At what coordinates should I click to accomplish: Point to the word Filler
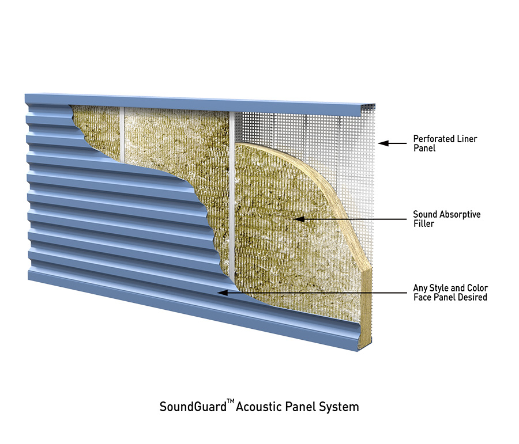click(x=424, y=224)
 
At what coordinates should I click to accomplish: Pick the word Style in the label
click(x=439, y=289)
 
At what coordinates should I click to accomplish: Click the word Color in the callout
click(x=477, y=288)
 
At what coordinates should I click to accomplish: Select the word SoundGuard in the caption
click(x=193, y=407)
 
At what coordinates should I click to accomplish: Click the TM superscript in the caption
click(x=230, y=402)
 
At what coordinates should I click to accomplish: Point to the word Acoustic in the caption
click(x=259, y=407)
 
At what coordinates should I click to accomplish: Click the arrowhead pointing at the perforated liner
click(x=383, y=143)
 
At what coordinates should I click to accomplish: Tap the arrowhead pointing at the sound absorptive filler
click(x=299, y=219)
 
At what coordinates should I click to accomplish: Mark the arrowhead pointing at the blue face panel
click(x=223, y=293)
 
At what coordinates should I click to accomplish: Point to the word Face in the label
click(x=422, y=297)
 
